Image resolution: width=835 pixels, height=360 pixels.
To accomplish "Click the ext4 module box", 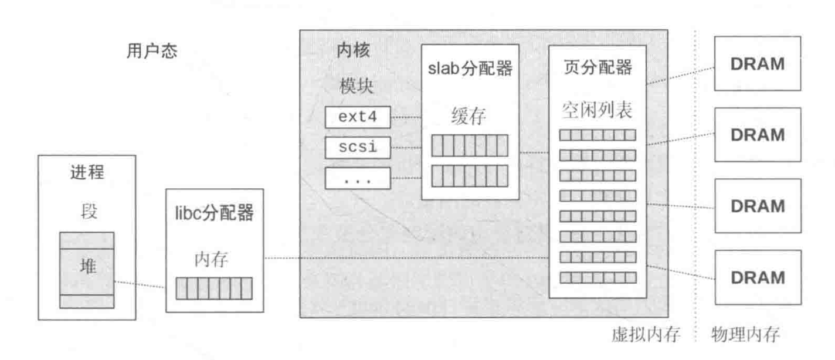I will click(358, 118).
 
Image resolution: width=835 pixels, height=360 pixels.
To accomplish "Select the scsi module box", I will click(358, 148).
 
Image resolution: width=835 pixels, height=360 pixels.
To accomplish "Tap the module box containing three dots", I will click(358, 178).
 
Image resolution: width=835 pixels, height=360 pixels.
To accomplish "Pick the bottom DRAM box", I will click(758, 277).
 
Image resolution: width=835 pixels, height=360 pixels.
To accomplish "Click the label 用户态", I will click(152, 52).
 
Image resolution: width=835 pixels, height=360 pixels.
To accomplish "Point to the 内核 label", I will click(354, 51).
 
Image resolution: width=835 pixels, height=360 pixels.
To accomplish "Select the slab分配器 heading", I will click(470, 69).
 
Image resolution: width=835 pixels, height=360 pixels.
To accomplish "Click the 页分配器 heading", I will click(597, 68).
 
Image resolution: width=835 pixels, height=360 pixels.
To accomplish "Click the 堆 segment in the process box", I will click(86, 267).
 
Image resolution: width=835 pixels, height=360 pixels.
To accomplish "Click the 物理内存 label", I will click(745, 335).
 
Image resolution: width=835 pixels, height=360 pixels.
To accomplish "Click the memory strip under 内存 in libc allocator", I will click(214, 288).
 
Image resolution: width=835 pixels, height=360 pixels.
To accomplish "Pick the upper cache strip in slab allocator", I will click(470, 145).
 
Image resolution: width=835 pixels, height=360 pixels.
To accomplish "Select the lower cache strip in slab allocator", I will click(470, 175).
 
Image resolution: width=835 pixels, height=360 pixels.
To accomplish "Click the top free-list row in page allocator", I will click(597, 135).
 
